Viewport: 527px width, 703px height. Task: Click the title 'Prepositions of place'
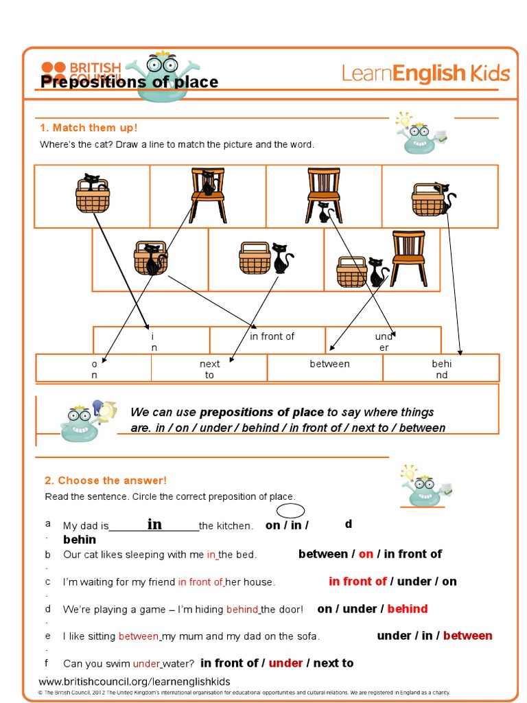click(129, 82)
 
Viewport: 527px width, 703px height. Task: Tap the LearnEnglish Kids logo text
click(425, 73)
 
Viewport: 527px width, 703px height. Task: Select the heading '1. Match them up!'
click(89, 128)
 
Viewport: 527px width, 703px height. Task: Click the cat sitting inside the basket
click(93, 184)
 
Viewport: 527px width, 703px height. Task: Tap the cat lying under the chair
click(323, 212)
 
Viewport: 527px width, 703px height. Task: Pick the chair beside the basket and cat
click(408, 258)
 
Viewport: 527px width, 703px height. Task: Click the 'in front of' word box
click(272, 336)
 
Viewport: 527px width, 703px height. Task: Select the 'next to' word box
click(209, 369)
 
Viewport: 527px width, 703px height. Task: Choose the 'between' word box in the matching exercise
click(329, 364)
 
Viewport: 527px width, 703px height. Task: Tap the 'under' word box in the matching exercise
click(384, 342)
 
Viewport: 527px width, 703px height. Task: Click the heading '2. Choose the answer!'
click(105, 481)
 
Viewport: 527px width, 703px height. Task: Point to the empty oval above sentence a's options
click(291, 511)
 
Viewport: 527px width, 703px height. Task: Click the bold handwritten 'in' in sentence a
click(154, 525)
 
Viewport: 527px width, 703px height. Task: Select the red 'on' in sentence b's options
click(366, 554)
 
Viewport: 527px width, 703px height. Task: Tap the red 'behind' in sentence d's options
click(407, 609)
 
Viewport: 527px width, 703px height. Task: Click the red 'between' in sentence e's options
click(467, 636)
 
